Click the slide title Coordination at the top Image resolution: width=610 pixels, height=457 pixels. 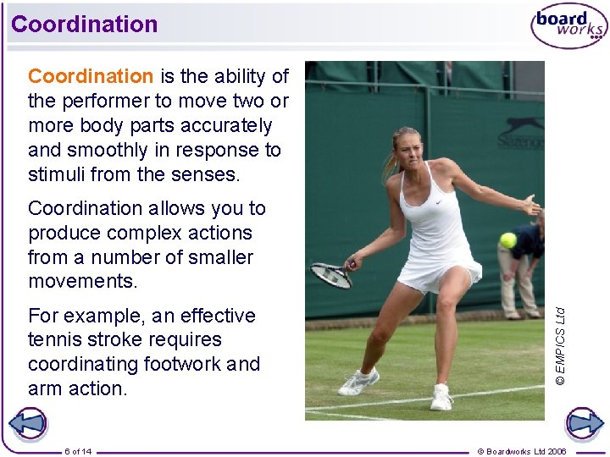click(85, 24)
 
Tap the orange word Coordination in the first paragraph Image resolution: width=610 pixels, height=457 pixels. click(91, 76)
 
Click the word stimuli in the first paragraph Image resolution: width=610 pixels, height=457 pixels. click(56, 174)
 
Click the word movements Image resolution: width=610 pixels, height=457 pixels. click(82, 281)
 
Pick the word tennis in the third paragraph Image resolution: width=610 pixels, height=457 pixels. click(56, 340)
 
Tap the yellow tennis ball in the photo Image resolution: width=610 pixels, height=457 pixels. click(507, 240)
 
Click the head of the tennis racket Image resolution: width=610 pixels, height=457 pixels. click(331, 275)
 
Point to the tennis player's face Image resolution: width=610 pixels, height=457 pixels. click(407, 150)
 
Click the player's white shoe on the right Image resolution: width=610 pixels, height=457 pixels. click(441, 397)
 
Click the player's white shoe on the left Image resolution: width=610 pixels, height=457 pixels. click(358, 383)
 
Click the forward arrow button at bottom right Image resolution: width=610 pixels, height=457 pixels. click(583, 424)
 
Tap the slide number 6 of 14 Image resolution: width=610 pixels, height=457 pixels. click(78, 451)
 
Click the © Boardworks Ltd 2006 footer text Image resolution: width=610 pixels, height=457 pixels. click(522, 451)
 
